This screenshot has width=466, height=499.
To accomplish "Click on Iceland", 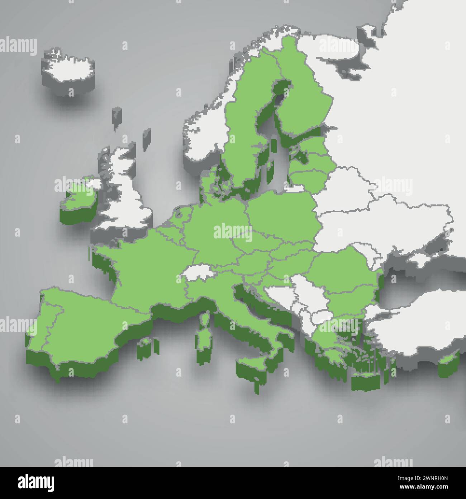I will point(70,67).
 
